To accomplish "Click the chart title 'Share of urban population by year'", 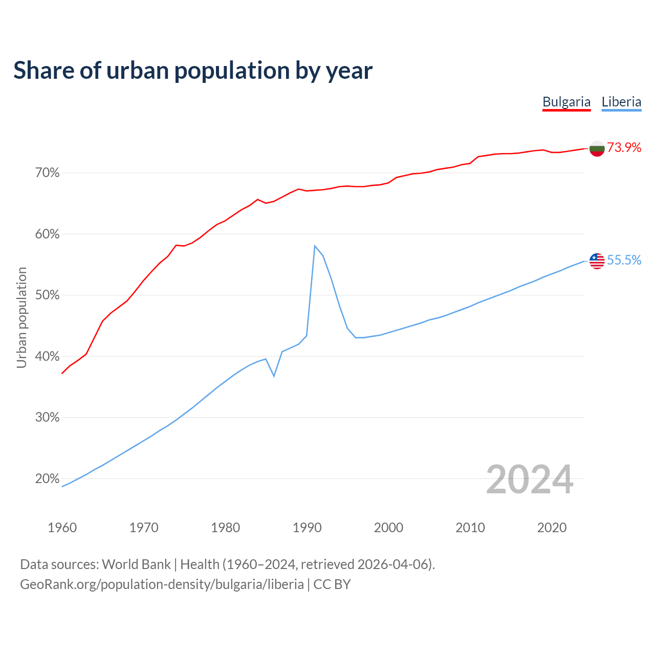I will tap(193, 71).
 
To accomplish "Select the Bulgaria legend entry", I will tap(566, 102).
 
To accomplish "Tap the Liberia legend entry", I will tap(621, 102).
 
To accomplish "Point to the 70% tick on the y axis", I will tap(48, 173).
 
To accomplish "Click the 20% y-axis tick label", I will tap(48, 479).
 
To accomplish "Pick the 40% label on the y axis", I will tap(48, 357).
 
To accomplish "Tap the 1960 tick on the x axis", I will tap(62, 528).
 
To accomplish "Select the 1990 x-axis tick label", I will tap(307, 528).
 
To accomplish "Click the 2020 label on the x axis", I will tap(552, 528).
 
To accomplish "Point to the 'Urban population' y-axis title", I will tap(21, 317).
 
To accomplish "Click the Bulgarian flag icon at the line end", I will tap(597, 148).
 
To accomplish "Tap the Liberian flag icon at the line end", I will tap(597, 261).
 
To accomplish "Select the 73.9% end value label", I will tap(624, 148).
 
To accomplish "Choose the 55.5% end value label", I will tap(624, 260).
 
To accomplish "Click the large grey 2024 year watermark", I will tap(530, 479).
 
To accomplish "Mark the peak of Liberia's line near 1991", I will tap(315, 246).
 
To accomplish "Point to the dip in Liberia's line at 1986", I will tap(274, 376).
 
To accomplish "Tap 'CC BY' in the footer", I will tap(332, 584).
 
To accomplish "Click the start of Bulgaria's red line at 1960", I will tap(62, 373).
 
